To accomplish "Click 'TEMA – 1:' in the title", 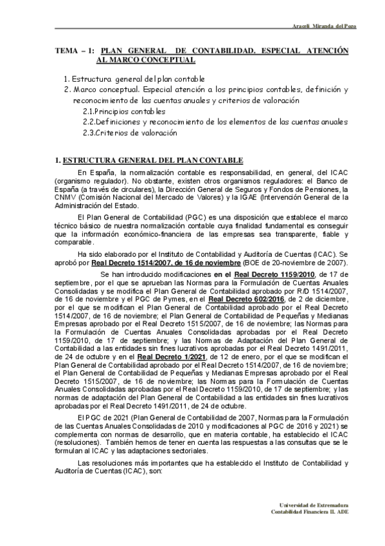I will pos(75,50).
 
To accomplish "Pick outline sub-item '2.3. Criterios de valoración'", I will pos(129,133).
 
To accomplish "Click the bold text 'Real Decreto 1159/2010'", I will pos(274,275).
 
